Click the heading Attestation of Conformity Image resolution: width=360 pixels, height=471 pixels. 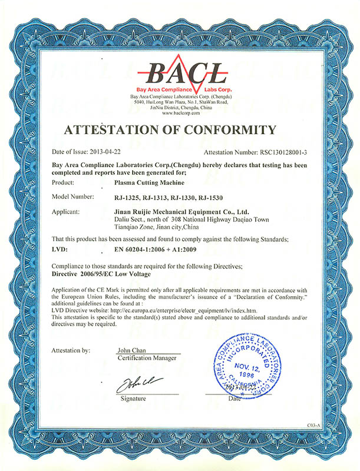pyautogui.click(x=180, y=130)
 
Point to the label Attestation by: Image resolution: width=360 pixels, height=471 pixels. pyautogui.click(x=71, y=350)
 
